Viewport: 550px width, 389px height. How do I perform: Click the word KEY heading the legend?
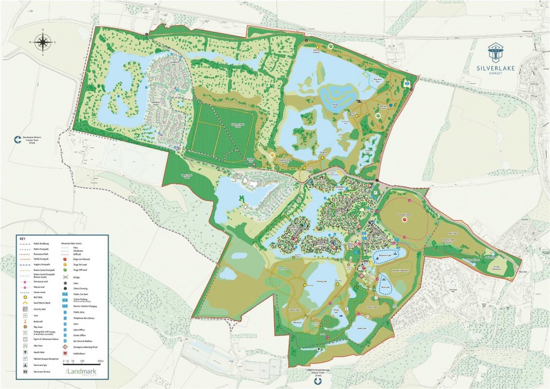(22, 238)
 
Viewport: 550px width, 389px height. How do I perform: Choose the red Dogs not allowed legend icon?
(66, 259)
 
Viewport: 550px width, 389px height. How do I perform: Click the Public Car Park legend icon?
(66, 294)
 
